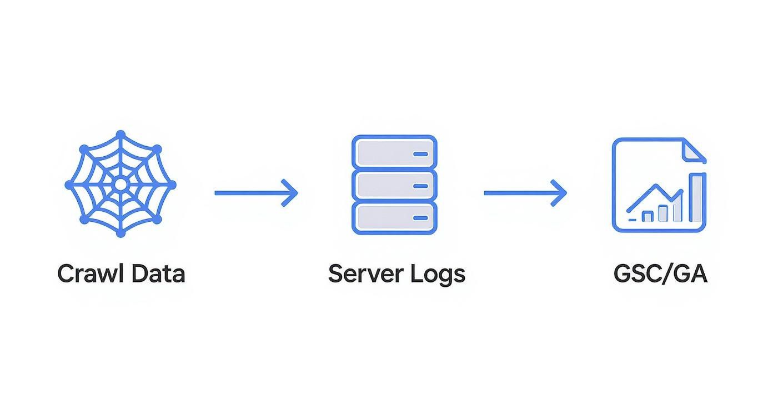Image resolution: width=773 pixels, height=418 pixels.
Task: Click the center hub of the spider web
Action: pos(121,184)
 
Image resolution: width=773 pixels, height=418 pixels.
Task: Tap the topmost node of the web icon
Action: pos(121,134)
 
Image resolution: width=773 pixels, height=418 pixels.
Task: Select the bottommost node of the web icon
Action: pos(121,233)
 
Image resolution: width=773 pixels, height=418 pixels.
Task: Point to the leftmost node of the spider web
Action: pos(69,184)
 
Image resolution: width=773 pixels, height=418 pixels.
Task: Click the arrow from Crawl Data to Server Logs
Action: pos(256,193)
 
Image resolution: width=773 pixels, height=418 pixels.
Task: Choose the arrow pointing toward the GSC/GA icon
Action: pos(525,193)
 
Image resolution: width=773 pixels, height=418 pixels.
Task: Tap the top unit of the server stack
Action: pos(394,151)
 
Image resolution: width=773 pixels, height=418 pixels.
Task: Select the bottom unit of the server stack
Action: pos(394,218)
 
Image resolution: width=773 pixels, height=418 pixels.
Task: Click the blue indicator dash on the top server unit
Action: pos(421,153)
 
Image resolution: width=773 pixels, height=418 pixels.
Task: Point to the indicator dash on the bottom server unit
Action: pos(421,218)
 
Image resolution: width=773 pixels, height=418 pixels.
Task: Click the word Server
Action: pos(365,274)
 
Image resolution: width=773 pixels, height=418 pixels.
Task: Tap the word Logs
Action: pos(438,274)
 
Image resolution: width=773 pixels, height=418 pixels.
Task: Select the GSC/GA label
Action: pos(660,274)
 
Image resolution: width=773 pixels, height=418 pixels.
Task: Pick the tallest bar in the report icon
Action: pos(697,198)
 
